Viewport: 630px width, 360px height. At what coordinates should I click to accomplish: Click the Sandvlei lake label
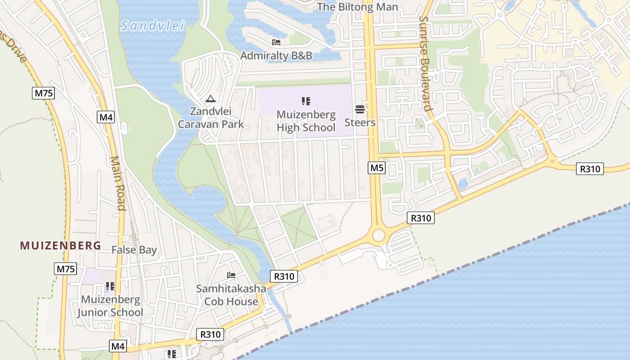[153, 26]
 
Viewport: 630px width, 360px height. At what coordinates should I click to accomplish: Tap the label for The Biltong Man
[358, 7]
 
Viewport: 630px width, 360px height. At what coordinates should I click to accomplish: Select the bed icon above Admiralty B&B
[276, 42]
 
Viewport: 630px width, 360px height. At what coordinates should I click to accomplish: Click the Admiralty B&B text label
[276, 56]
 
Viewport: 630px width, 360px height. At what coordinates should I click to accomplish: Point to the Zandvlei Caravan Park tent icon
[210, 99]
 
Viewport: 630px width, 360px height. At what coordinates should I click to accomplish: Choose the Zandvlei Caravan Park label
[211, 118]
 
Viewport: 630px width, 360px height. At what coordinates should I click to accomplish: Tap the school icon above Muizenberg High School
[306, 101]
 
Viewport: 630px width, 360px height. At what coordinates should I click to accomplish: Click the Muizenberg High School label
[306, 121]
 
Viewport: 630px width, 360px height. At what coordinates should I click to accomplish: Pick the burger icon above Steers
[360, 109]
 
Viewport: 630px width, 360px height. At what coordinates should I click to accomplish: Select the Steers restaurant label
[360, 122]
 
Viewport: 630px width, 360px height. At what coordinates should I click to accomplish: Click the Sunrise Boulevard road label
[426, 64]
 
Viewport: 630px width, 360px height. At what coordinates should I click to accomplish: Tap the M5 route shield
[377, 168]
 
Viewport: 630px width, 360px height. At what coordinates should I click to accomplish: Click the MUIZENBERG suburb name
[60, 246]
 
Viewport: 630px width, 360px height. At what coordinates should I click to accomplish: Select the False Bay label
[134, 250]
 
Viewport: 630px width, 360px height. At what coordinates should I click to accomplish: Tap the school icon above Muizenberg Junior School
[110, 286]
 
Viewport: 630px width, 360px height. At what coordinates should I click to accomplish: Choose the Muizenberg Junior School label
[110, 306]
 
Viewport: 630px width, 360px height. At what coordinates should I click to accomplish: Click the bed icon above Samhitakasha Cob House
[231, 275]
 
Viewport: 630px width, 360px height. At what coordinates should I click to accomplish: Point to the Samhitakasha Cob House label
[231, 295]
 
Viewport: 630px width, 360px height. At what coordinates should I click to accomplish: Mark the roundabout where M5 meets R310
[378, 235]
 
